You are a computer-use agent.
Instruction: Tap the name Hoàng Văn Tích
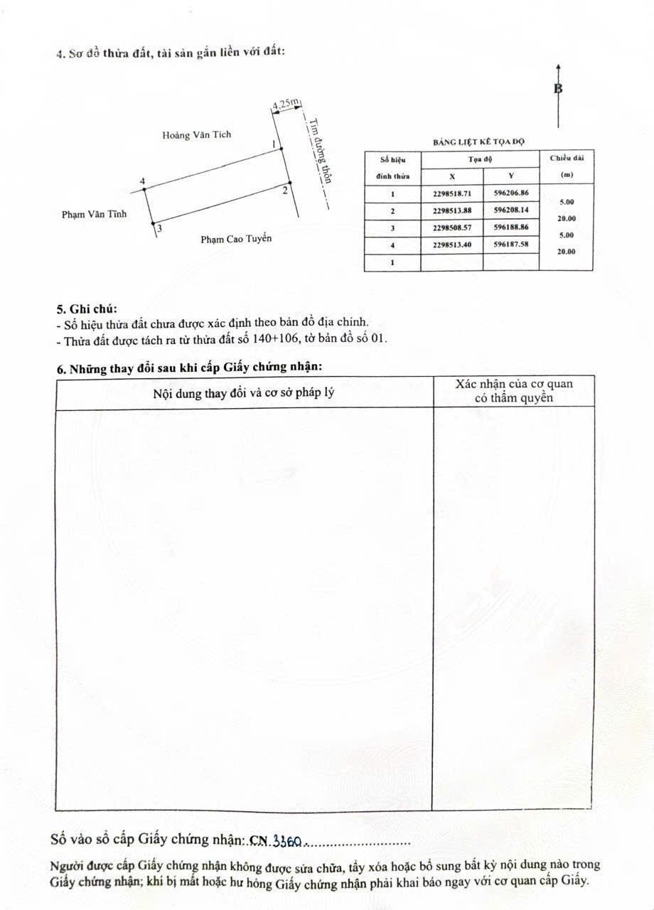[196, 134]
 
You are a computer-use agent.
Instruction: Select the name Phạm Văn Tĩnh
[94, 214]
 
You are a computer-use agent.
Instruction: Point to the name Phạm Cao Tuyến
[236, 239]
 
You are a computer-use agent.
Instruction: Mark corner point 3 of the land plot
[154, 225]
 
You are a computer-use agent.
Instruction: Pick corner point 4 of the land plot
[145, 190]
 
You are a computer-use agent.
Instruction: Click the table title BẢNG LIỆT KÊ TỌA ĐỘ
[478, 142]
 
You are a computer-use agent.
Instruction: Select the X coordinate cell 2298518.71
[451, 193]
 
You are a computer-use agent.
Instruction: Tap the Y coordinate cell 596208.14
[510, 210]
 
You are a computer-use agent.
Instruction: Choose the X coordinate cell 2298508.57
[451, 227]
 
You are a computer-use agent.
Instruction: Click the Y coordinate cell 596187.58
[510, 245]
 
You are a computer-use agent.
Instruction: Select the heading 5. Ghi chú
[87, 309]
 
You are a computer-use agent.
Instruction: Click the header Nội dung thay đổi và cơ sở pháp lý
[244, 392]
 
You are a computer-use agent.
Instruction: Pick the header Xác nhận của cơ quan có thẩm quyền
[514, 390]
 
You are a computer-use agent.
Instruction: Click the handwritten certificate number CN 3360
[277, 841]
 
